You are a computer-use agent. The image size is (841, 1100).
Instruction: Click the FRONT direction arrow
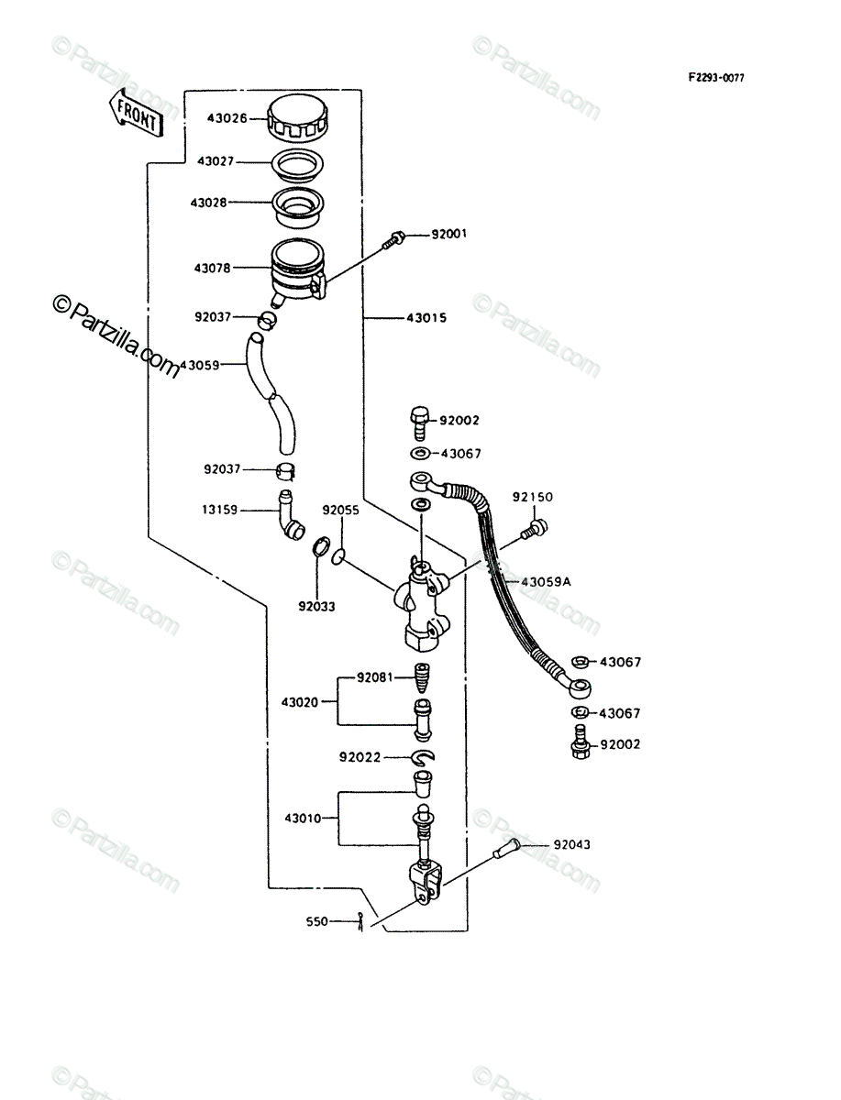[137, 114]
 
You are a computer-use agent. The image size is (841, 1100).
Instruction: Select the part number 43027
[216, 161]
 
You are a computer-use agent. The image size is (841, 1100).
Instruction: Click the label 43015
[426, 318]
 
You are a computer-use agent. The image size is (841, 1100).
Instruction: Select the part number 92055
[341, 511]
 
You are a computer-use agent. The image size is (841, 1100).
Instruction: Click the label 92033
[316, 607]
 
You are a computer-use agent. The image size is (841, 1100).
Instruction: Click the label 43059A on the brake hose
[546, 582]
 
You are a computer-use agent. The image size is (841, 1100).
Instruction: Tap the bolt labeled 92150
[535, 529]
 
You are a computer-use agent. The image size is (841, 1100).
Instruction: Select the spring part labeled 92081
[423, 678]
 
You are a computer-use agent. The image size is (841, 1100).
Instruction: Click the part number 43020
[300, 702]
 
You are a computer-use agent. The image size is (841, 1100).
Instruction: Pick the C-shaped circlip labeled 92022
[424, 758]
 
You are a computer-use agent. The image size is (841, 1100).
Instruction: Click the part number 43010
[303, 819]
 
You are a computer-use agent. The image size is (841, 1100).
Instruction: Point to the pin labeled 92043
[506, 849]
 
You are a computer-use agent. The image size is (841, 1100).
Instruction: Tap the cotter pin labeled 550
[360, 922]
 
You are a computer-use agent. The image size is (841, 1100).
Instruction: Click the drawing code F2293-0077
[716, 78]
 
